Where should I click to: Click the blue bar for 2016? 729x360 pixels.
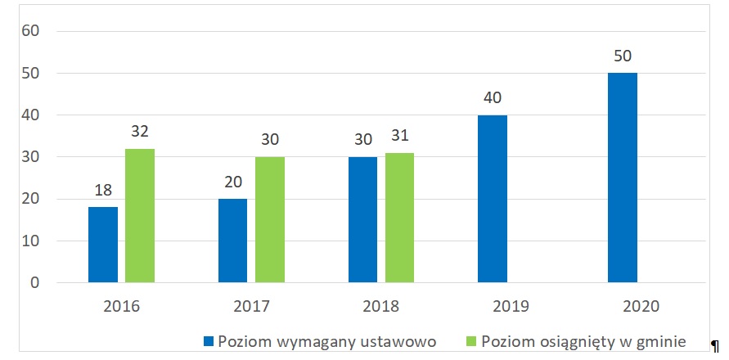103,245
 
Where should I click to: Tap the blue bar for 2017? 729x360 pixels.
233,241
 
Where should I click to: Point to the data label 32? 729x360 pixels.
140,132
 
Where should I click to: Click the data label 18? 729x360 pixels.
103,191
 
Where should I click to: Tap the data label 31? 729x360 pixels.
400,137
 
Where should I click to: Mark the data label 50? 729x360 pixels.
623,57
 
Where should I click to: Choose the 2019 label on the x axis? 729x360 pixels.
511,307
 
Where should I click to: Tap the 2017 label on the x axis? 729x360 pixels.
251,307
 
